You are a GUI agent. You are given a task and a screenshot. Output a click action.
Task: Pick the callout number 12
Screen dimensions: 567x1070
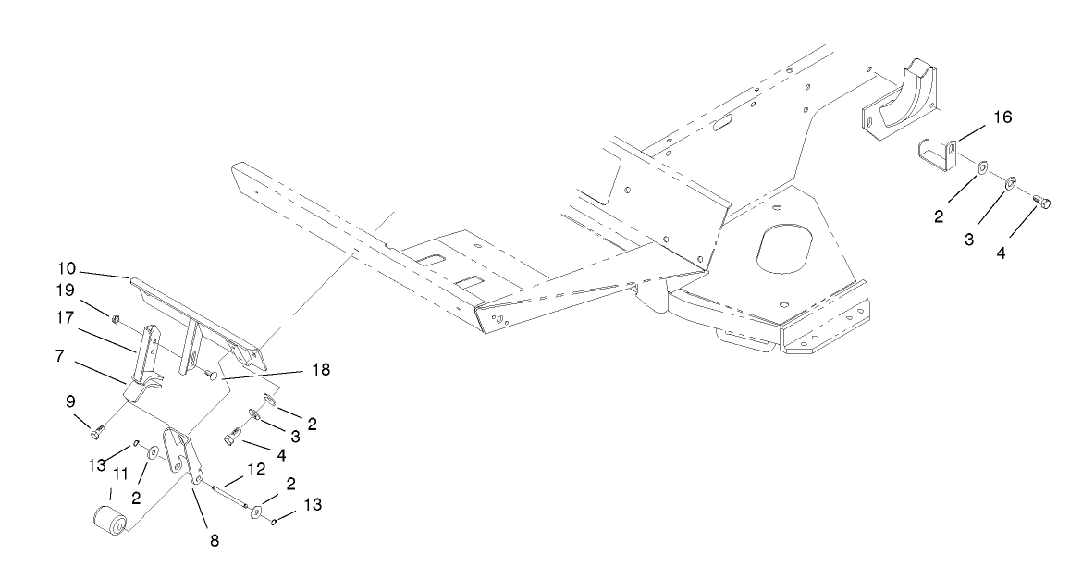(x=256, y=470)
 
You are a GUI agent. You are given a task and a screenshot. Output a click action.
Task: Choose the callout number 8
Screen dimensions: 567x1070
(x=215, y=542)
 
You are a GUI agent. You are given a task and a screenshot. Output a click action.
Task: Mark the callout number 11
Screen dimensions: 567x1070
(x=119, y=473)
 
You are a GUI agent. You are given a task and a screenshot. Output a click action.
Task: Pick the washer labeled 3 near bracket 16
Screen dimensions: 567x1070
(x=1011, y=182)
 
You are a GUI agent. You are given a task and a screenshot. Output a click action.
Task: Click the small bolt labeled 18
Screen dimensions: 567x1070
(x=211, y=376)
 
